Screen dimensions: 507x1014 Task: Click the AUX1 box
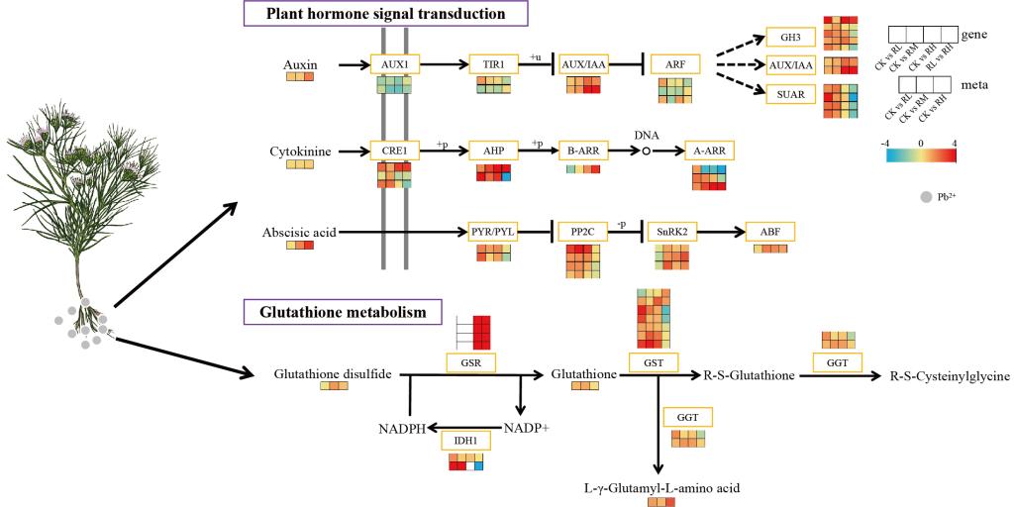click(393, 64)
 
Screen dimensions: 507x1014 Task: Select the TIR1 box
click(493, 64)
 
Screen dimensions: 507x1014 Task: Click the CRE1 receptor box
click(393, 151)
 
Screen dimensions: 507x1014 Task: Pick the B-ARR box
click(583, 151)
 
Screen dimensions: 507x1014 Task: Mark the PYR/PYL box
click(493, 233)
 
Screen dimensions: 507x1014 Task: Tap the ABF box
click(769, 233)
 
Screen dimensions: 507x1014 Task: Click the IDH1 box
click(465, 441)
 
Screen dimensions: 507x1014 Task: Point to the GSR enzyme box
click(469, 362)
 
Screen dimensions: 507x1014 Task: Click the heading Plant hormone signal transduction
click(385, 14)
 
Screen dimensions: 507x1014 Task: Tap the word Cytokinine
click(299, 152)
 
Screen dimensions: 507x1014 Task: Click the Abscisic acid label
click(299, 233)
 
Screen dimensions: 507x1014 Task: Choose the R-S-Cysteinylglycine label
click(949, 375)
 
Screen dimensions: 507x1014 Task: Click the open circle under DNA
click(646, 152)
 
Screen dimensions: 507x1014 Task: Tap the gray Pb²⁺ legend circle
click(927, 197)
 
